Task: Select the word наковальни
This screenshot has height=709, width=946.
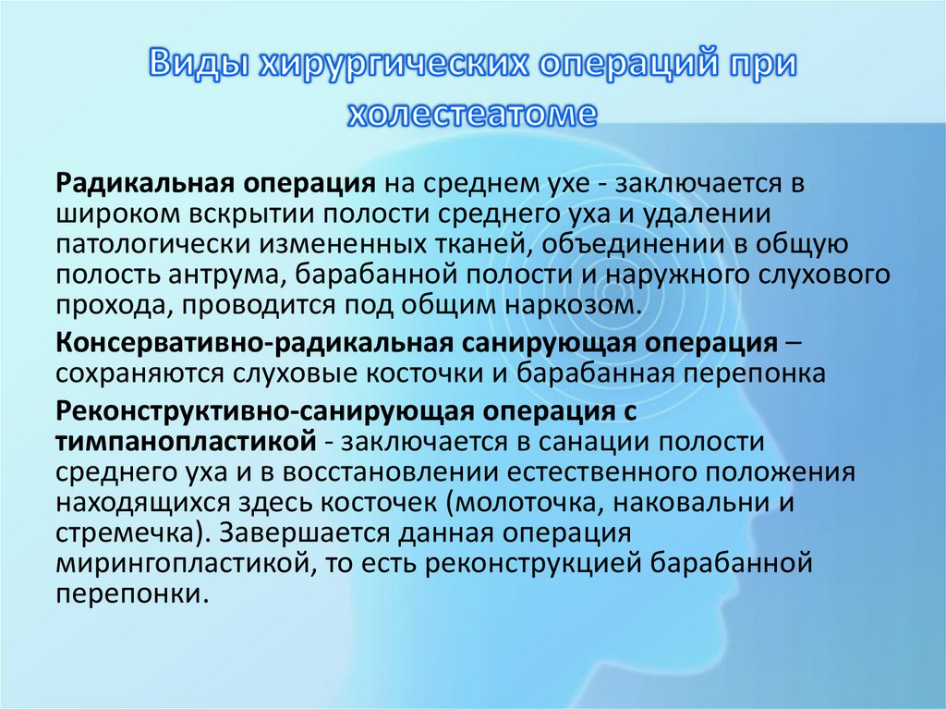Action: click(690, 504)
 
